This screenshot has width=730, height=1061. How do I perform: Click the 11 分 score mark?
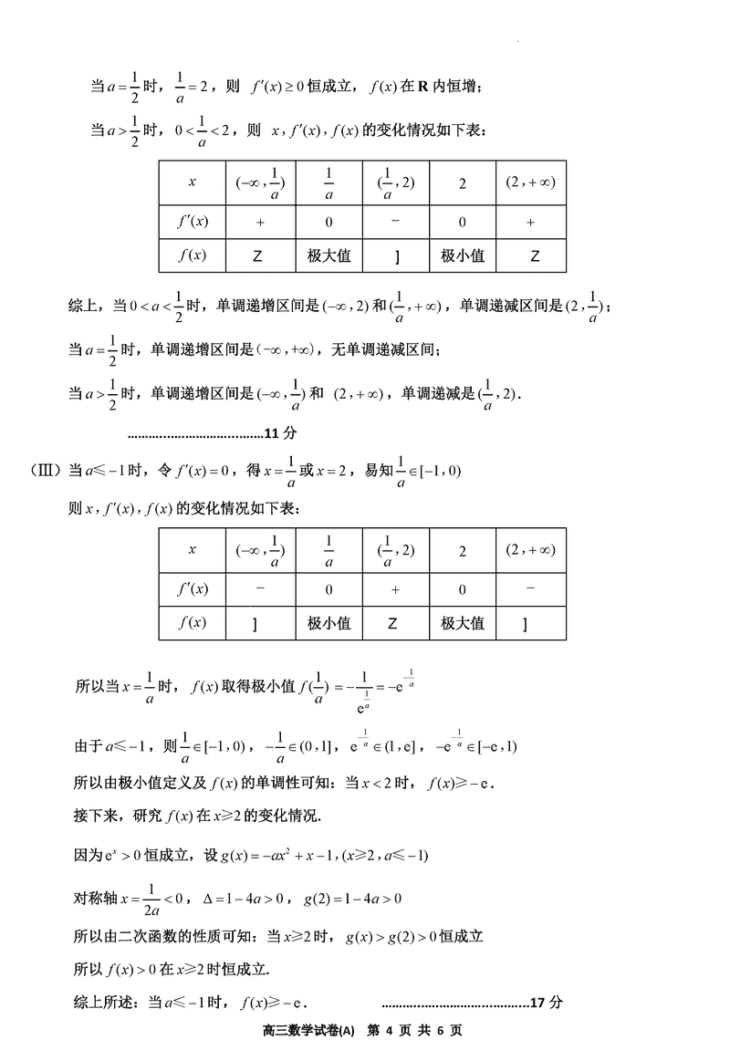tap(274, 432)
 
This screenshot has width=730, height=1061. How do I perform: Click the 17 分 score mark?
tap(547, 1002)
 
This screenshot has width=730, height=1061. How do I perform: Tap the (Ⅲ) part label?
tap(45, 471)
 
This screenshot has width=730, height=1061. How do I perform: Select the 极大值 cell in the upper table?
tap(328, 256)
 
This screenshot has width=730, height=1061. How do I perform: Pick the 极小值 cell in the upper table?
tap(463, 256)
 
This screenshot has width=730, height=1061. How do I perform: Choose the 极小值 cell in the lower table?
tap(328, 624)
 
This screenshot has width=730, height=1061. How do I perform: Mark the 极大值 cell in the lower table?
tap(463, 624)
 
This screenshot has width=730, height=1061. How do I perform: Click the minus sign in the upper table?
tap(395, 221)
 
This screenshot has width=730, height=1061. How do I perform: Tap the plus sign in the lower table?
tap(395, 589)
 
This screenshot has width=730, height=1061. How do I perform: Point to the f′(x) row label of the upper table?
tap(192, 222)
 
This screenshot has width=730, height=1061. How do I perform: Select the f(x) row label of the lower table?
tap(192, 624)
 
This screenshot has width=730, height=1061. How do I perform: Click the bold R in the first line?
tap(422, 87)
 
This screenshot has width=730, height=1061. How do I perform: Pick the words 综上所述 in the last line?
tap(98, 1002)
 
